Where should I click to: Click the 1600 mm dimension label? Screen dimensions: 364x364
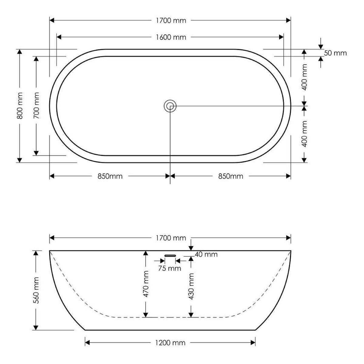(171, 37)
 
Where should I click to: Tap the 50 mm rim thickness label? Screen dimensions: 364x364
(335, 53)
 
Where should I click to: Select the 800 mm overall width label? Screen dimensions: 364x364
(20, 106)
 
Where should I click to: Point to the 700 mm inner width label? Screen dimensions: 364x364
(36, 106)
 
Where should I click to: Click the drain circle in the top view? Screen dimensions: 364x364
(170, 106)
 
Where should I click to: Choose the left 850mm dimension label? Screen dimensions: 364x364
(110, 177)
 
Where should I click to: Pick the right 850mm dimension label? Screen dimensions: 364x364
(231, 177)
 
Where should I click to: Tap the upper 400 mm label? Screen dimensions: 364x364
(304, 77)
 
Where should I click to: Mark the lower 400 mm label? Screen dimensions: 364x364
(304, 134)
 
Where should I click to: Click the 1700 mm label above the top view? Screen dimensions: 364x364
(171, 21)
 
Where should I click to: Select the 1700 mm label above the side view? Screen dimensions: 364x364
(171, 238)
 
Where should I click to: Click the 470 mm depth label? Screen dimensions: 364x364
(146, 284)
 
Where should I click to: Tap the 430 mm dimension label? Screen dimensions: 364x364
(191, 286)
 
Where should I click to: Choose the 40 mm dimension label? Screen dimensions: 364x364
(206, 254)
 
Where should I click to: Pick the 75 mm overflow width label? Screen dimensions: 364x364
(170, 268)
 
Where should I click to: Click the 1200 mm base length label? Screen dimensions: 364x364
(170, 343)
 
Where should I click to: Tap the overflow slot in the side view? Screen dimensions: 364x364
(170, 256)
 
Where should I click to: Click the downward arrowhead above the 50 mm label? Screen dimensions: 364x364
(321, 47)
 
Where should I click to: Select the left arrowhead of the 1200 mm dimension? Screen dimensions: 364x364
(87, 342)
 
